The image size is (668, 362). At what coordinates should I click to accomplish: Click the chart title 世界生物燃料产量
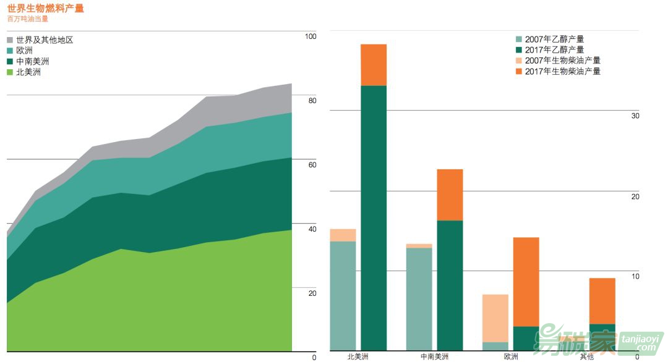click(x=45, y=8)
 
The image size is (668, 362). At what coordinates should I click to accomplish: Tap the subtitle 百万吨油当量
click(x=28, y=19)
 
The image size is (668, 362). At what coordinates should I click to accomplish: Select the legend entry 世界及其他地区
click(x=45, y=40)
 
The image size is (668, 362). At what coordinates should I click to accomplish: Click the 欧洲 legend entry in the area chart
click(x=25, y=51)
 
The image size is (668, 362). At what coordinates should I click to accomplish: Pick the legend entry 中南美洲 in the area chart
click(x=33, y=61)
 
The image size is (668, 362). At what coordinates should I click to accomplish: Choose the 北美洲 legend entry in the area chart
click(x=28, y=72)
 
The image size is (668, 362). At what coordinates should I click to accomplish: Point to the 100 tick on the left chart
click(x=310, y=36)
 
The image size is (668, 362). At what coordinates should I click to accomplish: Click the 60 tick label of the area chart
click(x=312, y=165)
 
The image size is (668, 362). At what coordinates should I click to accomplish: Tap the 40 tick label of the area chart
click(x=312, y=229)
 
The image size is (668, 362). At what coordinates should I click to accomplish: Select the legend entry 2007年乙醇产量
click(x=554, y=39)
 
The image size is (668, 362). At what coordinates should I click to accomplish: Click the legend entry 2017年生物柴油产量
click(x=562, y=72)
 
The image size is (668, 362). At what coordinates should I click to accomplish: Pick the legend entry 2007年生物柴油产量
click(x=562, y=61)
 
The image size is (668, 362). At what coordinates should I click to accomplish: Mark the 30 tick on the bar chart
click(x=635, y=116)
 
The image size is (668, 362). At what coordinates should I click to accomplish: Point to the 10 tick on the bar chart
click(x=635, y=276)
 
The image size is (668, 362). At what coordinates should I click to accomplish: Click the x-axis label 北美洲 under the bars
click(x=358, y=356)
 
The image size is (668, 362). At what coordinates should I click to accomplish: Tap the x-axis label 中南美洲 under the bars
click(x=434, y=356)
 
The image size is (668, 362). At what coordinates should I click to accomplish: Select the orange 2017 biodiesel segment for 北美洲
click(x=374, y=65)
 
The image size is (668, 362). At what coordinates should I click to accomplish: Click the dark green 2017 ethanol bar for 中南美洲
click(x=450, y=284)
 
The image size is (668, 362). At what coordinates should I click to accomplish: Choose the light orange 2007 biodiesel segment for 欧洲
click(x=495, y=318)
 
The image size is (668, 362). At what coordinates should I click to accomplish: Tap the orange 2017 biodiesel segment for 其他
click(x=602, y=301)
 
